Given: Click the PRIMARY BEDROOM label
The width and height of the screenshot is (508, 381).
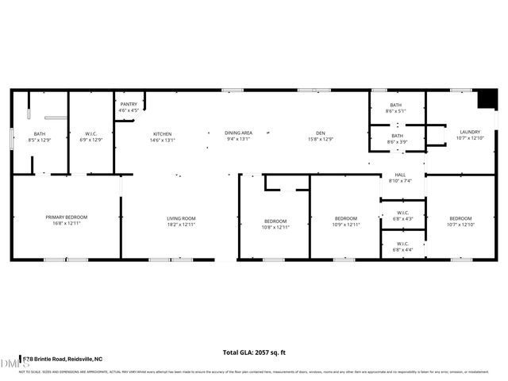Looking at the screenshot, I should (x=66, y=217).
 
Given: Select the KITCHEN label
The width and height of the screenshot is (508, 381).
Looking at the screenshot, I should (x=162, y=134).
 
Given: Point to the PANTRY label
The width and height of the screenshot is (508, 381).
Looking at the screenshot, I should (x=129, y=104).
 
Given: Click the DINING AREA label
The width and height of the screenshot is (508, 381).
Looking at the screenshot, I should (x=238, y=133).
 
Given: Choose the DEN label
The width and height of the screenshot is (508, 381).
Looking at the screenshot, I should (x=320, y=133).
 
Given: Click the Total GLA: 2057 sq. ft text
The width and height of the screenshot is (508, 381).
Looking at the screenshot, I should (x=254, y=352).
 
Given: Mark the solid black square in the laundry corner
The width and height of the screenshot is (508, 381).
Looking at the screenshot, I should (x=483, y=100).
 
